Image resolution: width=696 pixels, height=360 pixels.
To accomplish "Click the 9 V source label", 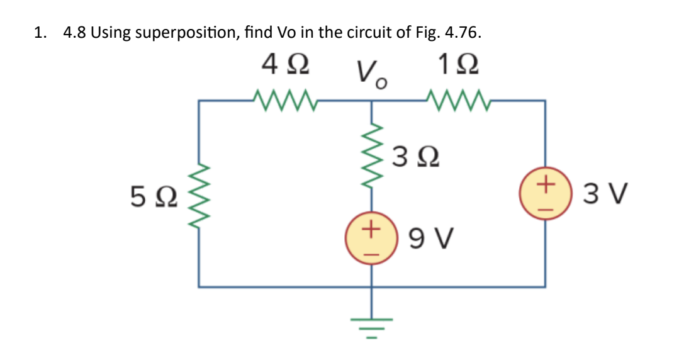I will coord(432,239).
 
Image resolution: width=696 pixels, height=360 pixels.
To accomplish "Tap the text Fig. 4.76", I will coord(448,33).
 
